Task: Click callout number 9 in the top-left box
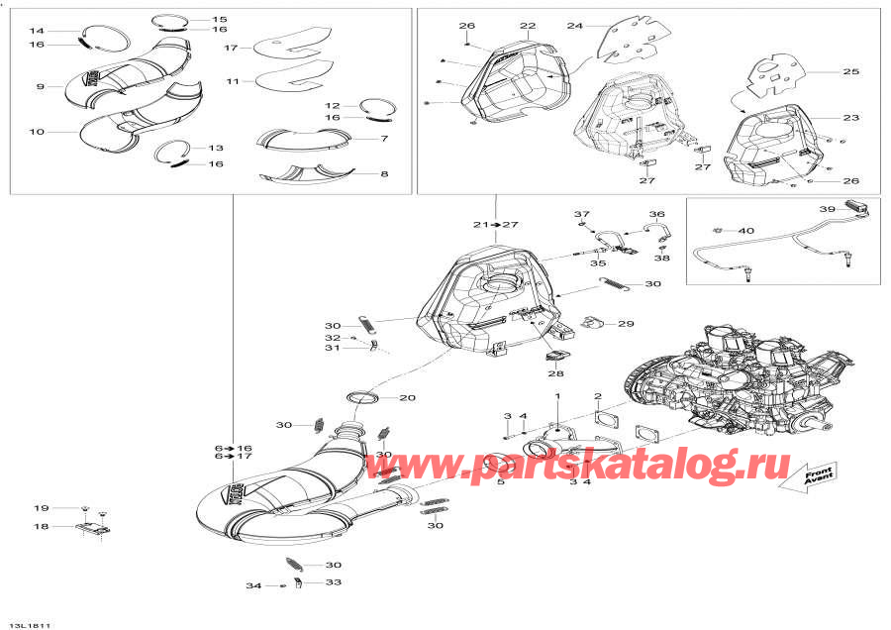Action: [41, 87]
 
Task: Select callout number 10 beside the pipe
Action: [38, 132]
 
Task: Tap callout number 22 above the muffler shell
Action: [527, 26]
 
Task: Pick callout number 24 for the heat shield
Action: [575, 26]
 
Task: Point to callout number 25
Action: [850, 71]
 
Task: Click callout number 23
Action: [850, 118]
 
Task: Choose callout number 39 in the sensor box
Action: [827, 209]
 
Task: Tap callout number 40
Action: [746, 231]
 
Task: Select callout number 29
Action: [626, 324]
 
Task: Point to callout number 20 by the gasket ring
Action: [407, 398]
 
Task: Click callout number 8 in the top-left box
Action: [383, 174]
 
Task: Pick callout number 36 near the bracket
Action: [656, 214]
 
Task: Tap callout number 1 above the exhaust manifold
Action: [556, 396]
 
